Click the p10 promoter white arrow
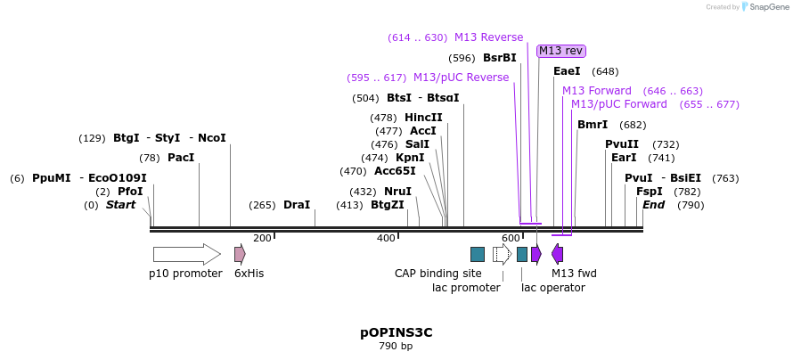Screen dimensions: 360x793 click(x=186, y=255)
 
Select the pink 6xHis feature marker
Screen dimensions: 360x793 click(x=240, y=255)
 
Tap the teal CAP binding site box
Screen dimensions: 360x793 click(x=478, y=255)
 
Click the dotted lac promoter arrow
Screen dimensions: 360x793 click(x=502, y=255)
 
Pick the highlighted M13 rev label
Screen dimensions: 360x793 click(x=561, y=51)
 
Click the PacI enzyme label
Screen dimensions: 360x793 click(x=180, y=158)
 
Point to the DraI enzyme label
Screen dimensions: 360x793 click(x=297, y=205)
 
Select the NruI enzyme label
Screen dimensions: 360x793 click(x=397, y=192)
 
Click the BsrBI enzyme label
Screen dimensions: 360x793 click(x=499, y=58)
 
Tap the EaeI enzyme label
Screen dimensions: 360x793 click(x=567, y=71)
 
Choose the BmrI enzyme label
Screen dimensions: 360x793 click(x=593, y=125)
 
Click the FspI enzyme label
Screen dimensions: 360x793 click(x=649, y=192)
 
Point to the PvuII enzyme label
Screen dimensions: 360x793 click(x=622, y=144)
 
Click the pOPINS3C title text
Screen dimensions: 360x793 click(x=396, y=332)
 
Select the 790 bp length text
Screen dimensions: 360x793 click(x=396, y=347)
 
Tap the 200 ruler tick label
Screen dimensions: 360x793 click(x=262, y=238)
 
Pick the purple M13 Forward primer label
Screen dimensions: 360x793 click(x=596, y=91)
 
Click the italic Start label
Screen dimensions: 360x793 click(x=121, y=205)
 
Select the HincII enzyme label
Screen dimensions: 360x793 click(x=423, y=118)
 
